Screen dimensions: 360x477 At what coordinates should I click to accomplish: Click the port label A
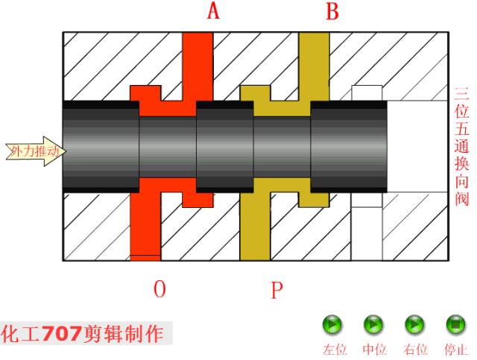213,11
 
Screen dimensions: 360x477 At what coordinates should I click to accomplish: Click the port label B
332,11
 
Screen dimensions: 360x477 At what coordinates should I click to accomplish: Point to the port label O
159,289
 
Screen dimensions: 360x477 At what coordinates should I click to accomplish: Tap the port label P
277,289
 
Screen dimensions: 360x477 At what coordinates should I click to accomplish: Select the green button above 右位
414,325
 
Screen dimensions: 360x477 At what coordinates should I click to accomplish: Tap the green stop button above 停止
455,325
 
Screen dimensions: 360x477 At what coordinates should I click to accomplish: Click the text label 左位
333,349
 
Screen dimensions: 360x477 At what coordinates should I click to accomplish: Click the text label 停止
455,349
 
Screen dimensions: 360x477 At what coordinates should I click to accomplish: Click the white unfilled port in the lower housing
366,231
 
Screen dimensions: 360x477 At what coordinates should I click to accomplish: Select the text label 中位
374,349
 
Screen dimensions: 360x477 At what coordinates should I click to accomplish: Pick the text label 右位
415,349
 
